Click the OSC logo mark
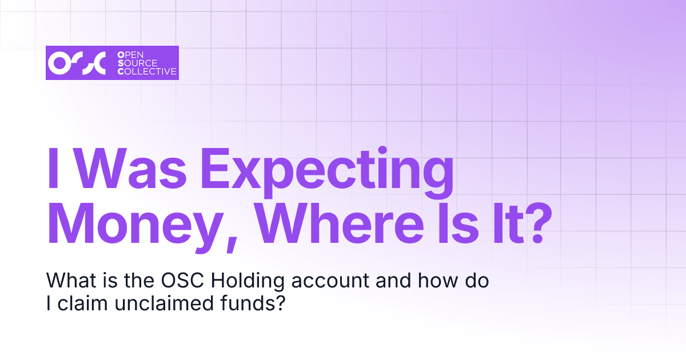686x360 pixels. pos(77,63)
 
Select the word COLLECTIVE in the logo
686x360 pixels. pos(147,72)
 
